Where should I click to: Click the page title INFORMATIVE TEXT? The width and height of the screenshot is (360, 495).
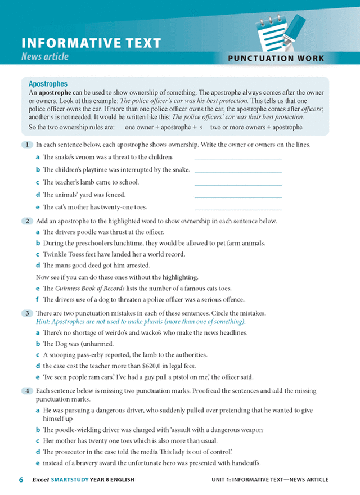click(x=91, y=43)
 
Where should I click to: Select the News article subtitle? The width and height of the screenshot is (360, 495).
click(x=44, y=56)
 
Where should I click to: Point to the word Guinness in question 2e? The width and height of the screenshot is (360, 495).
click(x=70, y=289)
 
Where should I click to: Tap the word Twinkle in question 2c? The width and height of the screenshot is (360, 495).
click(x=55, y=254)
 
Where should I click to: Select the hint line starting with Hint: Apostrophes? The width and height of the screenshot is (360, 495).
click(x=141, y=321)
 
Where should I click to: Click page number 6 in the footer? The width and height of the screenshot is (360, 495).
click(x=21, y=480)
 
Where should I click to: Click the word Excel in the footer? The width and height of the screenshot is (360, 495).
click(x=41, y=480)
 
